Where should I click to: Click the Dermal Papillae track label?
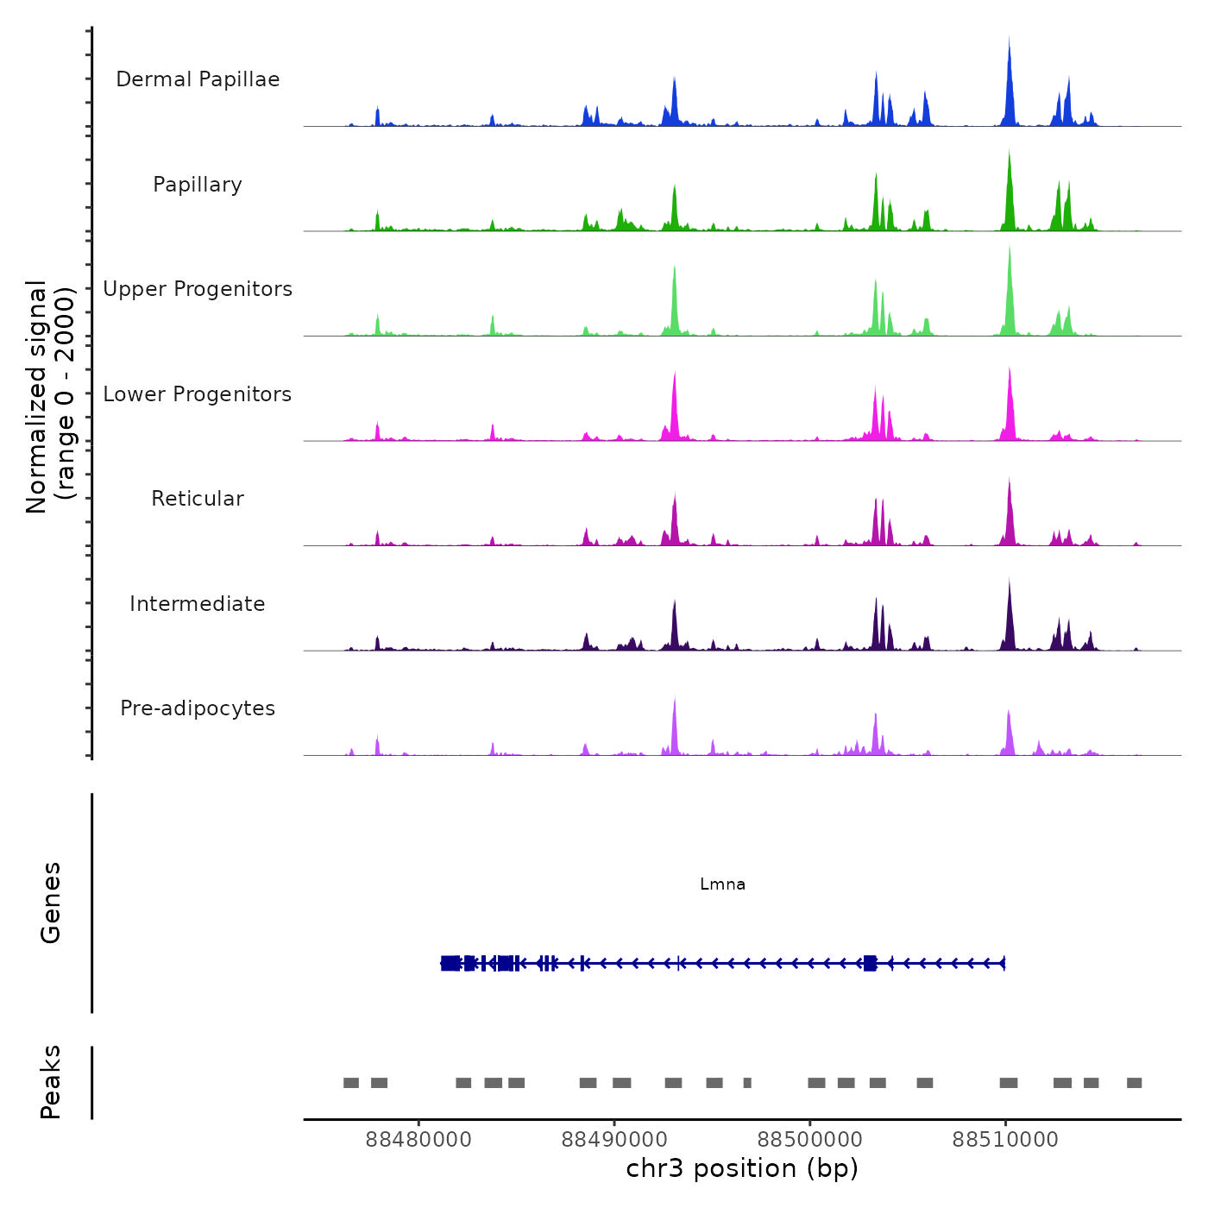click(198, 79)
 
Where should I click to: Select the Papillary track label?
click(198, 185)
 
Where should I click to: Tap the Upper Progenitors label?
click(198, 289)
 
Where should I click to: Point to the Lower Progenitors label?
click(198, 394)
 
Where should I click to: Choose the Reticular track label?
click(198, 499)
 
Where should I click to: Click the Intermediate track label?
click(198, 604)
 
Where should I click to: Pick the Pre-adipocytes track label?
click(198, 708)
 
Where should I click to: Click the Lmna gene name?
click(722, 884)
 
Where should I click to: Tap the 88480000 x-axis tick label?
click(418, 1140)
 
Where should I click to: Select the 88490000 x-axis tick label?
click(613, 1140)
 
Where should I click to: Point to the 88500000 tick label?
click(809, 1140)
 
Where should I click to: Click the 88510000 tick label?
click(1005, 1140)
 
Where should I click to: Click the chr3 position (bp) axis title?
click(742, 1168)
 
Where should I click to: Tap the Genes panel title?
click(51, 903)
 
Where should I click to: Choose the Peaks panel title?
click(51, 1082)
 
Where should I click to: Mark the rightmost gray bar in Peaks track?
click(1134, 1083)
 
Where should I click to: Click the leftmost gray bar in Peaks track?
click(350, 1083)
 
